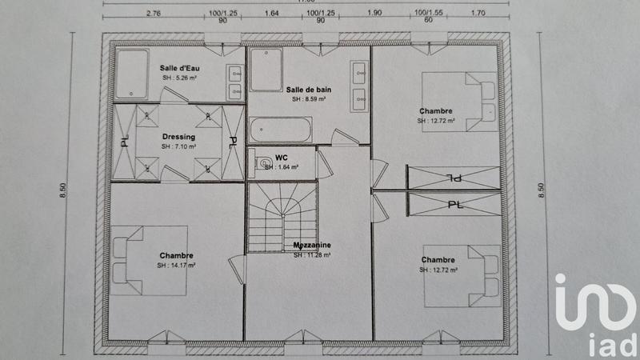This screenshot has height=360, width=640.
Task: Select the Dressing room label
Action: coord(178,137)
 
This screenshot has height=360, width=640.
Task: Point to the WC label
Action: coord(281,157)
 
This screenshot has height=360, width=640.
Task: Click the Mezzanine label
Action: coord(311,246)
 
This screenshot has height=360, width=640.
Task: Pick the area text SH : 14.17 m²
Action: coord(178,265)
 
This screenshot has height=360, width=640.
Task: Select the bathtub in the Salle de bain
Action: coord(280,130)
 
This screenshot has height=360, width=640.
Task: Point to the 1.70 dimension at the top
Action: coord(478,14)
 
